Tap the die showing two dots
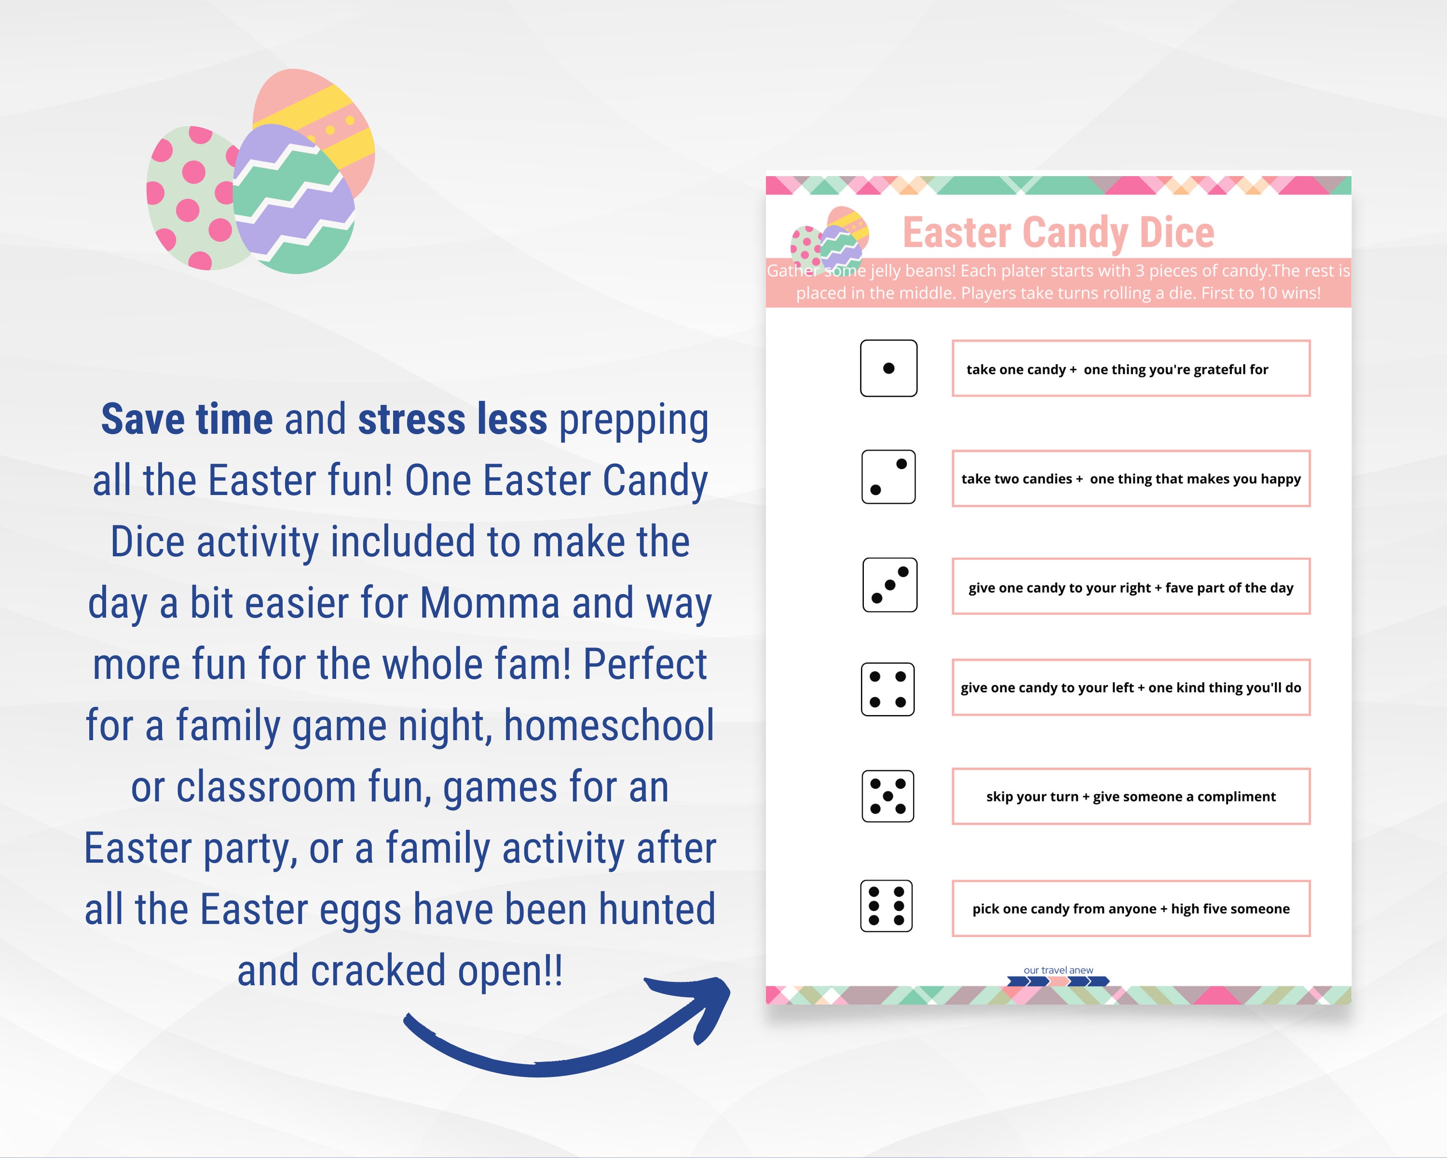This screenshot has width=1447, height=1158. [888, 477]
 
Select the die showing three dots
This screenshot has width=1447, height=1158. [889, 585]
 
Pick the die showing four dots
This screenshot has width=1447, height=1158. [887, 689]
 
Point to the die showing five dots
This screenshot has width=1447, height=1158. [887, 796]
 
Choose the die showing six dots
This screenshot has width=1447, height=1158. [886, 906]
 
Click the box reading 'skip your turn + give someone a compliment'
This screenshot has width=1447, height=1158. [1131, 796]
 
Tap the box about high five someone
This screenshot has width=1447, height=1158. [1131, 908]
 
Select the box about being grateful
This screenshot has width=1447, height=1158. [1131, 369]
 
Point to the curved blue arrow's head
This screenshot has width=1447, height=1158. [705, 1000]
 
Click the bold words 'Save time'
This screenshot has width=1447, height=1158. [187, 420]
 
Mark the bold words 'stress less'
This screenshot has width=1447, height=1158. [452, 420]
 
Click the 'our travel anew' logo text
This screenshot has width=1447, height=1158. [1058, 970]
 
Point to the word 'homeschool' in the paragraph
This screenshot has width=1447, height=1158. [609, 726]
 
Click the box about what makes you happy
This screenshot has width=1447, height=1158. [1131, 479]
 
